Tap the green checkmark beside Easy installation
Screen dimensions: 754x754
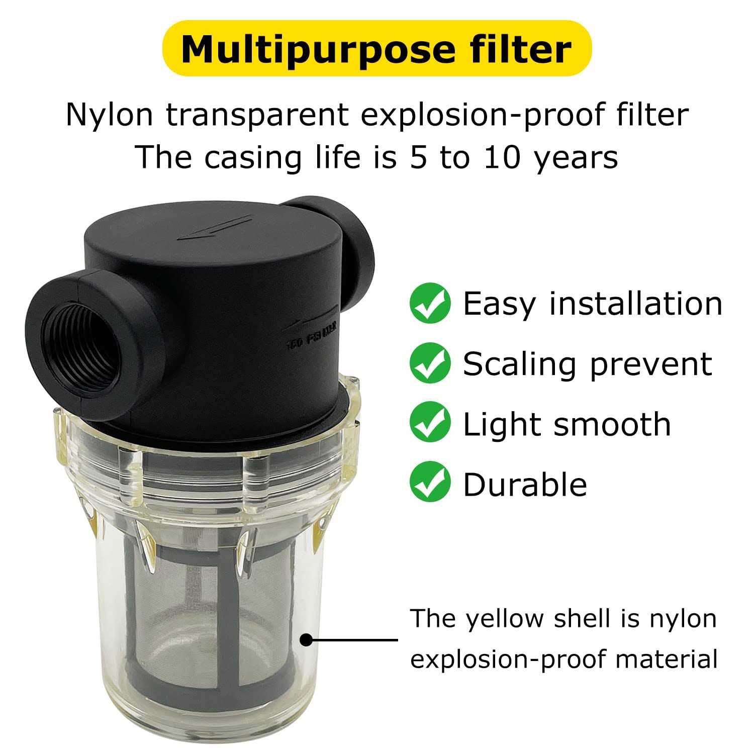[x=430, y=303]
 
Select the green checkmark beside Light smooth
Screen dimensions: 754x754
[x=430, y=423]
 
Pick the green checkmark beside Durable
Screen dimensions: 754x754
[x=430, y=484]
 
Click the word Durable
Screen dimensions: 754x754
[x=525, y=484]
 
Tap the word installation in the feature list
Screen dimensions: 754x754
[x=636, y=304]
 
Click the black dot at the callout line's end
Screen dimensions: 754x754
[x=306, y=640]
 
